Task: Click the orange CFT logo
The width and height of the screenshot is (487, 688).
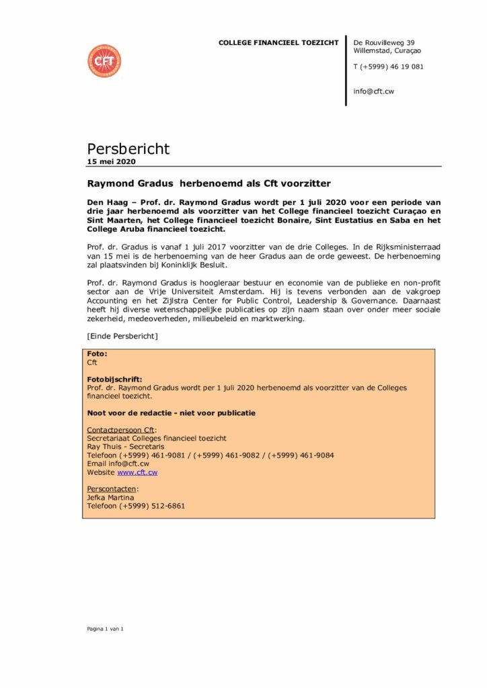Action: [104, 61]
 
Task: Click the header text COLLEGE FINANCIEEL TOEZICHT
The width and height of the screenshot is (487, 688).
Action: [278, 43]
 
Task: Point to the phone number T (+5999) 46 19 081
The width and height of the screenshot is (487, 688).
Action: [388, 67]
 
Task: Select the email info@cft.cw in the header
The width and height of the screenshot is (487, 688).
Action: [373, 91]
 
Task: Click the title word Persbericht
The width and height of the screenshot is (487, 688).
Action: [128, 148]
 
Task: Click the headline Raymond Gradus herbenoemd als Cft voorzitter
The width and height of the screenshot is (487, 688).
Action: [209, 183]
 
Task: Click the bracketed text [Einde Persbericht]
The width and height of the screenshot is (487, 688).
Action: [122, 335]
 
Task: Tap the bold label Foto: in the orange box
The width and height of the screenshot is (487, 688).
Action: [98, 353]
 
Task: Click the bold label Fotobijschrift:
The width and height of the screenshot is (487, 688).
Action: [115, 379]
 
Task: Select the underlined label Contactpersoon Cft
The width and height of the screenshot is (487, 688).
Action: [121, 429]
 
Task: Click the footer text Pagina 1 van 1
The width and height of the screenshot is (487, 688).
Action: [106, 628]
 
